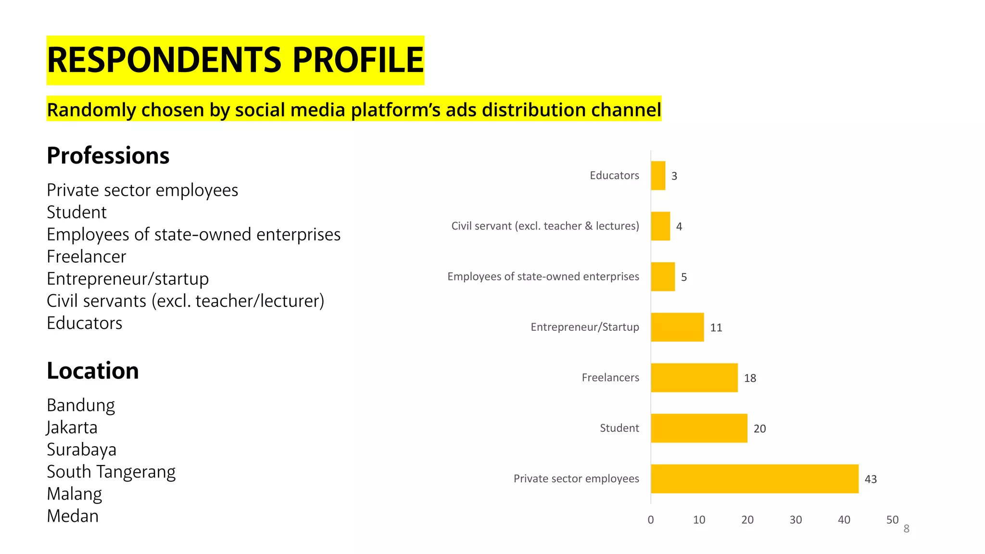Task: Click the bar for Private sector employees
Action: click(x=754, y=478)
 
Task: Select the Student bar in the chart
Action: click(x=699, y=428)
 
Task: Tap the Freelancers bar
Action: click(x=694, y=378)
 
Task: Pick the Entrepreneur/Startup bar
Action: click(x=677, y=327)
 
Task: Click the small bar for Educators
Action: click(x=658, y=176)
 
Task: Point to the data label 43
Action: click(x=871, y=479)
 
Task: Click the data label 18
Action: click(x=750, y=378)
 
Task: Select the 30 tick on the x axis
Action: click(x=796, y=520)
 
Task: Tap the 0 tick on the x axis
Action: click(x=651, y=520)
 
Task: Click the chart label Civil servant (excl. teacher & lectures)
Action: click(x=545, y=226)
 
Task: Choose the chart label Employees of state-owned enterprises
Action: click(x=543, y=277)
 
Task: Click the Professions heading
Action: click(x=108, y=156)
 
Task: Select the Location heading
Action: click(x=93, y=371)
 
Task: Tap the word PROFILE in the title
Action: click(x=358, y=60)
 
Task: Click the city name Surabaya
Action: click(x=81, y=450)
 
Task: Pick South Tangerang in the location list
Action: click(x=111, y=472)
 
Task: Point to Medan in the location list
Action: click(x=73, y=516)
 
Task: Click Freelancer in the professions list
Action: click(x=87, y=257)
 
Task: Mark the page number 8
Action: click(x=906, y=529)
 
